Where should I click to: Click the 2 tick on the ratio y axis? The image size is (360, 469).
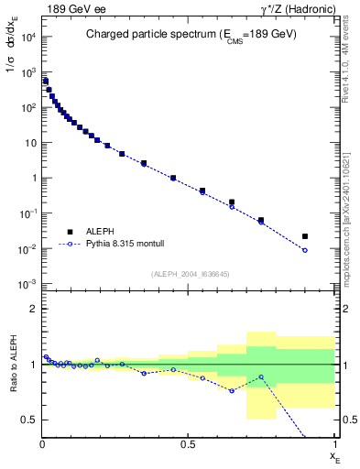point(33,309)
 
